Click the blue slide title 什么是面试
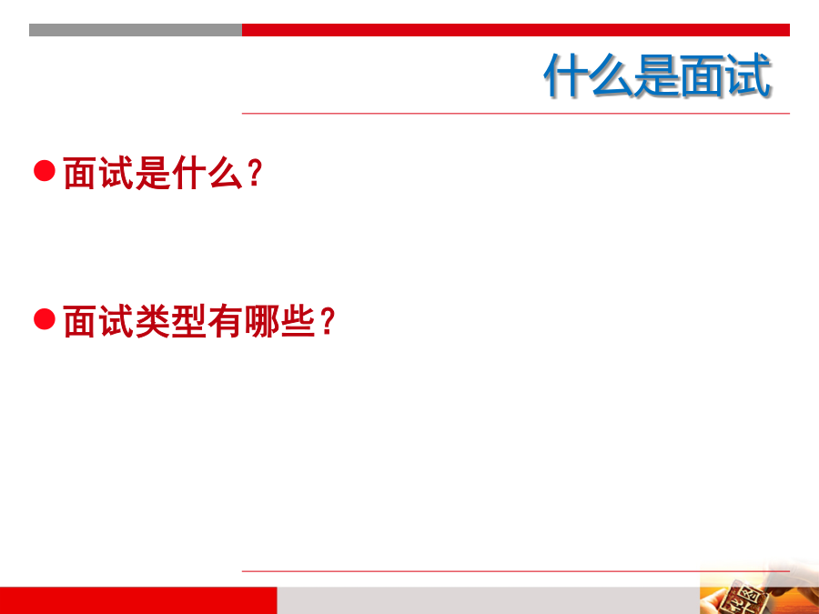pos(657,75)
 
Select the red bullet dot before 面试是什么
pos(45,171)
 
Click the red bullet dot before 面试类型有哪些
pos(45,319)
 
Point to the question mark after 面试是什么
pos(255,173)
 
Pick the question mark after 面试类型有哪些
pos(328,321)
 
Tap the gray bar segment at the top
pos(136,30)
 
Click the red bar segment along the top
pos(516,30)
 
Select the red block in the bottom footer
pos(138,600)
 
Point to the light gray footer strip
pos(489,600)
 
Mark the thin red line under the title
pos(516,113)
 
